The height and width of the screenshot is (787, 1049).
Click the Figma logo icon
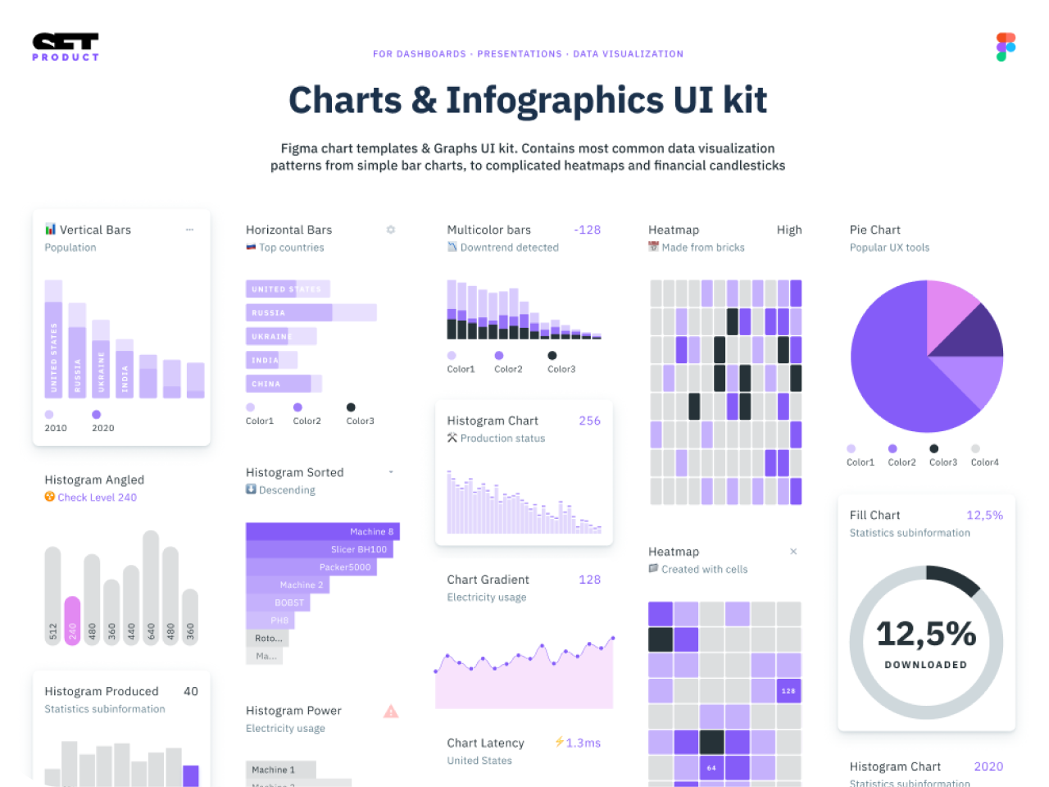coord(1006,48)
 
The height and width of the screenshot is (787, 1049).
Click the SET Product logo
coord(66,47)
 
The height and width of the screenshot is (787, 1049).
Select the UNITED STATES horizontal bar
coord(287,289)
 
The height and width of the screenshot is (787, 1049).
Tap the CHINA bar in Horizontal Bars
coord(279,384)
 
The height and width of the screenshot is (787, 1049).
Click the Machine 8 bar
coord(322,531)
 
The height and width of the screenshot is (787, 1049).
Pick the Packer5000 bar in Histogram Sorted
coord(311,566)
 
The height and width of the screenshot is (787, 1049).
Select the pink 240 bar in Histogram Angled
coord(72,620)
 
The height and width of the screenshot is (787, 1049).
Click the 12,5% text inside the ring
coord(926,634)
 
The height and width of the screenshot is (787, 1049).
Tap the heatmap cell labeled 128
coord(788,690)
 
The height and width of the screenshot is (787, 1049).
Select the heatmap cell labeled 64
coord(711,768)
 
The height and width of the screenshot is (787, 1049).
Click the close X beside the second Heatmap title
coord(793,552)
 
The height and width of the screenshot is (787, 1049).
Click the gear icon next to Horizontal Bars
coord(391,230)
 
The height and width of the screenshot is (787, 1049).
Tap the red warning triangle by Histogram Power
coord(391,712)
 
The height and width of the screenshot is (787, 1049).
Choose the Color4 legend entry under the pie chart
coord(983,462)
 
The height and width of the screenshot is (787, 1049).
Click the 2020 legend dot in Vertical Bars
coord(97,415)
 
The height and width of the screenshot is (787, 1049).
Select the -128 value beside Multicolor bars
coord(587,230)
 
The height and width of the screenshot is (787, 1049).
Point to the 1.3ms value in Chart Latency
coord(583,743)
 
